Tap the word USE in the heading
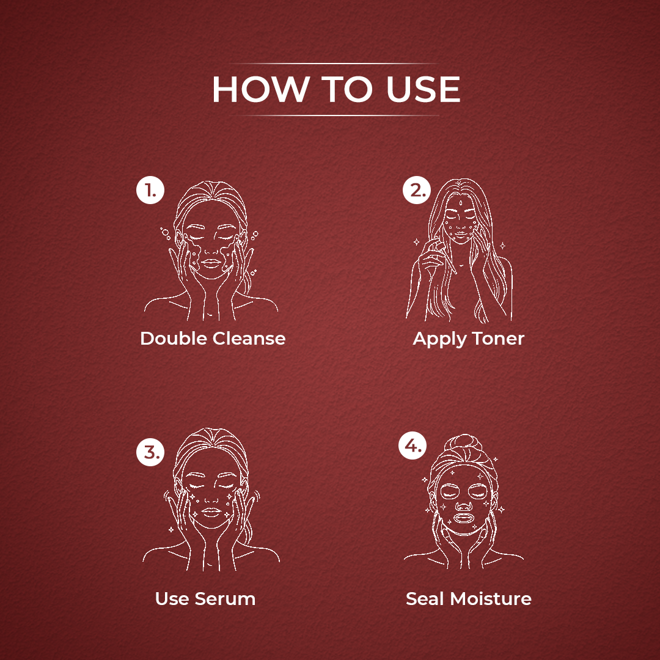[x=424, y=89]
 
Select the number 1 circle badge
[x=150, y=190]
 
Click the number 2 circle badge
[x=417, y=190]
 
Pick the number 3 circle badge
[x=150, y=452]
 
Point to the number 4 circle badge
[x=413, y=446]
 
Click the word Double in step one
[x=173, y=339]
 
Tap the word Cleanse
[x=249, y=339]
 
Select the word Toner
[x=498, y=339]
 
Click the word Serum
[x=225, y=599]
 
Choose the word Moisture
[x=491, y=599]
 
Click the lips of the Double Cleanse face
[x=211, y=263]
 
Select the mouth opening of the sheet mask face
[x=463, y=518]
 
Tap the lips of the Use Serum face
[x=211, y=512]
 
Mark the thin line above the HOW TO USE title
[x=332, y=63]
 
